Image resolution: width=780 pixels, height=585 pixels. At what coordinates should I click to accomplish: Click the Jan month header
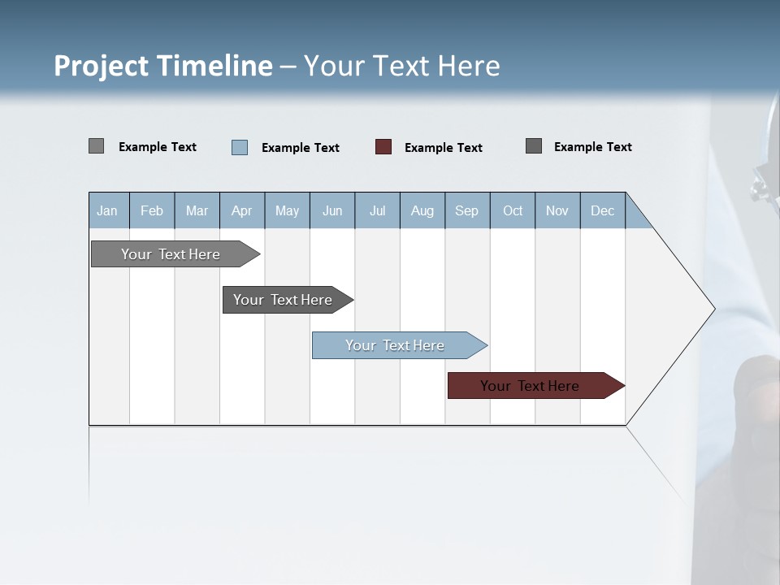(107, 210)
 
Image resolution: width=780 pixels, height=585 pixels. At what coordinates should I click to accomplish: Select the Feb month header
(152, 210)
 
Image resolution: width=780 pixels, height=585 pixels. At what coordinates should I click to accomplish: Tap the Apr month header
(242, 210)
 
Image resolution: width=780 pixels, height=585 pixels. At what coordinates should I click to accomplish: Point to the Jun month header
(332, 210)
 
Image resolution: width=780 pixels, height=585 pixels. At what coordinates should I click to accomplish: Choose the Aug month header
(422, 210)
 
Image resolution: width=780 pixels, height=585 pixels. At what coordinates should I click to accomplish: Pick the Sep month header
(467, 210)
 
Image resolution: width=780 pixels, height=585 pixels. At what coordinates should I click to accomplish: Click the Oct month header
(513, 210)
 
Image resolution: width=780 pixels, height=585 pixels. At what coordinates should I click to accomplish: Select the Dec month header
(603, 210)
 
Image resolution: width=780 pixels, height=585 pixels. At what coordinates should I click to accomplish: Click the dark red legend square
(383, 147)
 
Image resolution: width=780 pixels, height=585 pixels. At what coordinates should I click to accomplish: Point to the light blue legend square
(240, 147)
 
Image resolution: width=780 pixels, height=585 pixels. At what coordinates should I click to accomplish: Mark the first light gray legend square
(96, 146)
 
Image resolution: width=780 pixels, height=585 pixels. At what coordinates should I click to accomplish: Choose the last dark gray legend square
(534, 146)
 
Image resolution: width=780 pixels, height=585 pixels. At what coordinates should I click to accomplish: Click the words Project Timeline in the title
(163, 66)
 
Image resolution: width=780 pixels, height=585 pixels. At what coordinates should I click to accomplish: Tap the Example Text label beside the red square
(444, 148)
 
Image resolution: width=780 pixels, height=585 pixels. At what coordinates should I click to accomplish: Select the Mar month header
(197, 210)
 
